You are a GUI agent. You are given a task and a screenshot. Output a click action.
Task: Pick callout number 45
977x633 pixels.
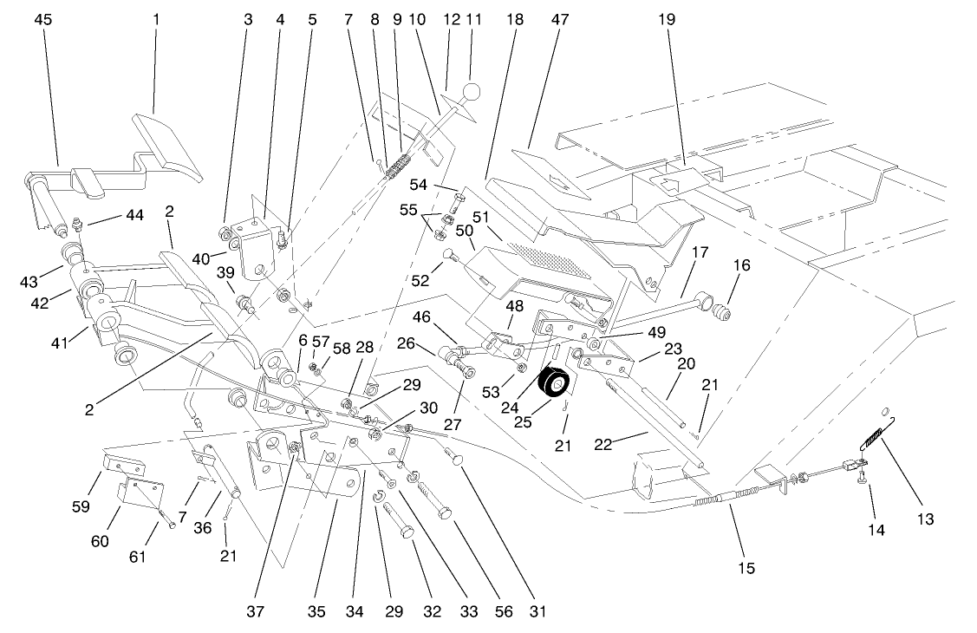click(x=42, y=19)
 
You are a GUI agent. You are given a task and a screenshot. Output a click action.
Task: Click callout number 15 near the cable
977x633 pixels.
click(x=746, y=569)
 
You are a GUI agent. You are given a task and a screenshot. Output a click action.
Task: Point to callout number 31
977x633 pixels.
click(x=538, y=612)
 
